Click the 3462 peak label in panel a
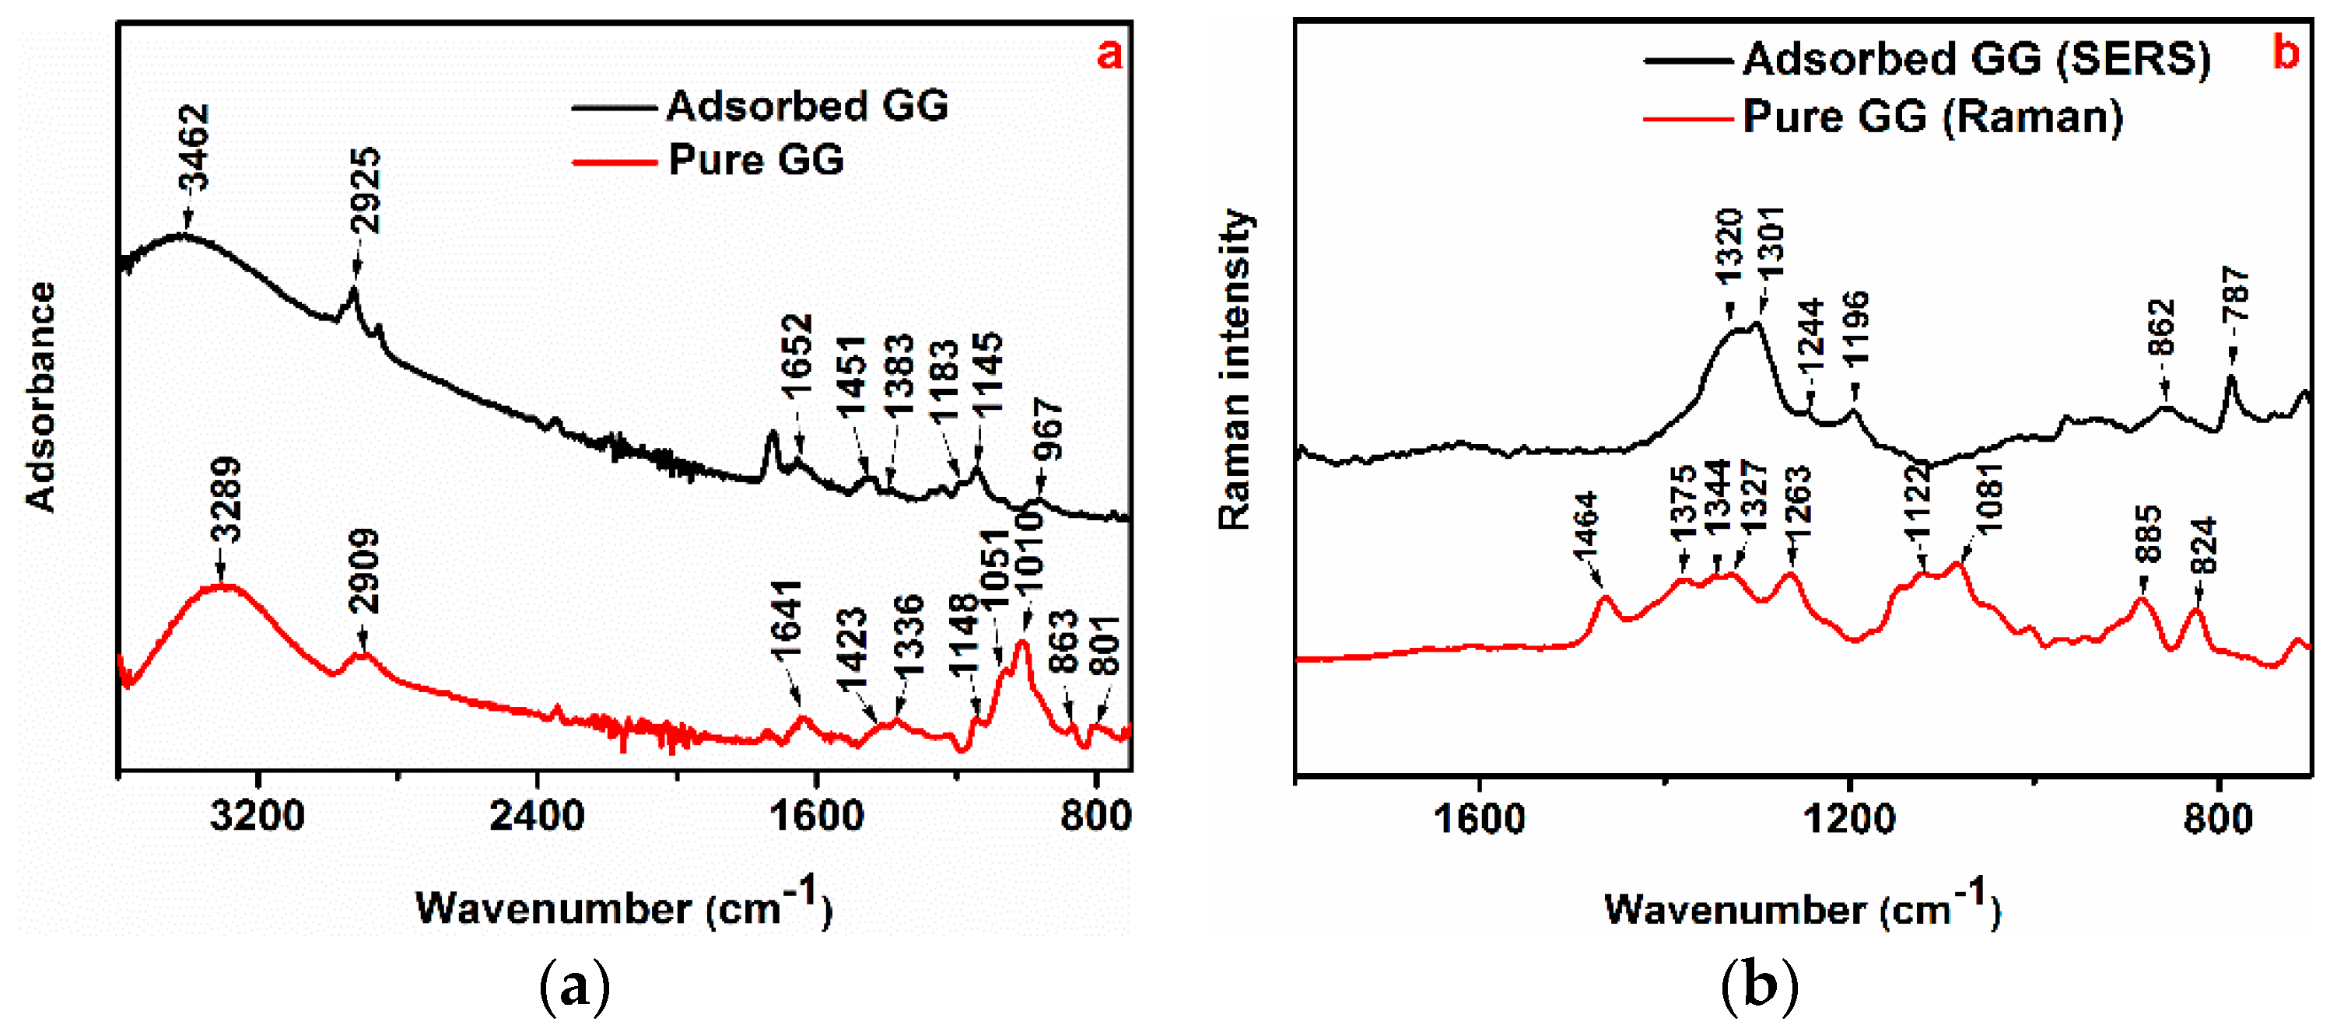click(194, 147)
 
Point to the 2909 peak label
click(365, 572)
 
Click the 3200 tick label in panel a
click(257, 816)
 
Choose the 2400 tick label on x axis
click(536, 816)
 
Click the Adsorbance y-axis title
click(40, 397)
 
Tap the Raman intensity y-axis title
click(1234, 369)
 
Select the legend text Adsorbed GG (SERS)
click(1976, 59)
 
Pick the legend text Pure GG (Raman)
click(1932, 117)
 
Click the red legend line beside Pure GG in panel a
click(614, 163)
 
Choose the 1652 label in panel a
click(797, 355)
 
